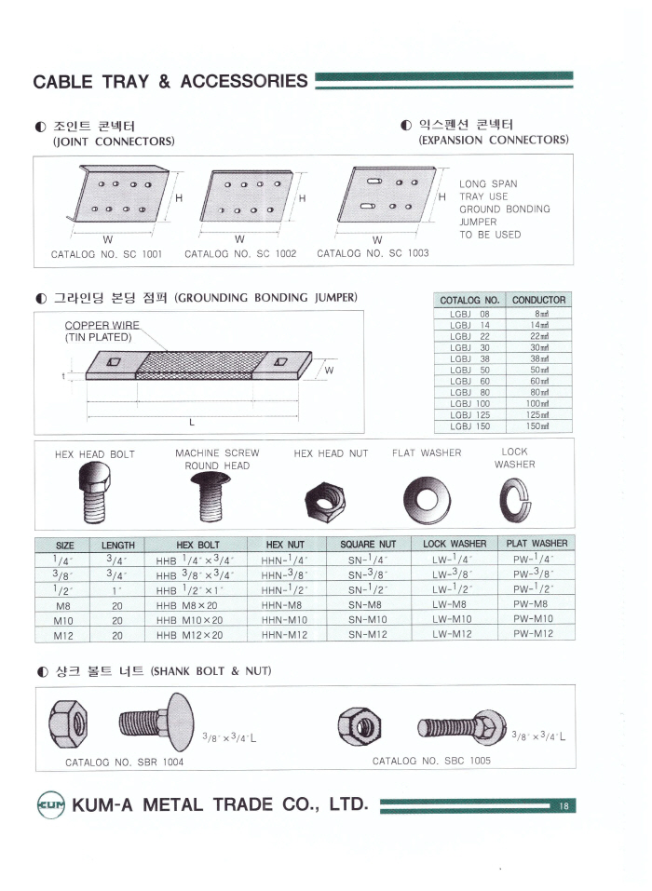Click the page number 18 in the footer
tap(564, 806)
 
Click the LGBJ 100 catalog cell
tap(470, 403)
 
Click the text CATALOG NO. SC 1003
tap(373, 253)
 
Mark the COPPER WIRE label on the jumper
tap(102, 325)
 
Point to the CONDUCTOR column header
tap(538, 300)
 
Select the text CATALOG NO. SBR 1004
tap(124, 763)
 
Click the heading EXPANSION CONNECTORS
tap(494, 141)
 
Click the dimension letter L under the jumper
tap(192, 422)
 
